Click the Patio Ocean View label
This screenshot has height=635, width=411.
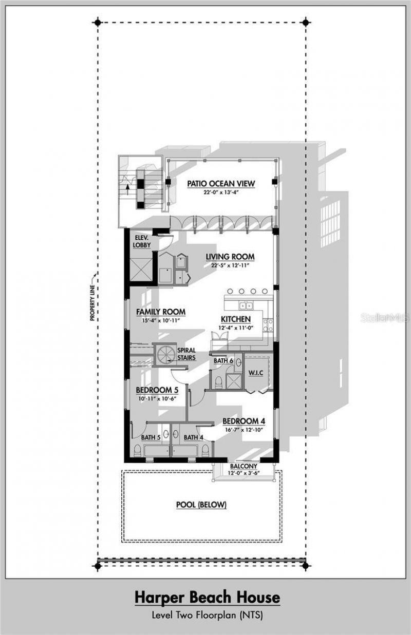[x=221, y=183]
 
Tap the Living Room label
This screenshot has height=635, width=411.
[x=230, y=257]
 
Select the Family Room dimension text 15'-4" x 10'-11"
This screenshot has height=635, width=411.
[x=160, y=320]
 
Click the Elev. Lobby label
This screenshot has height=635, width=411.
[x=142, y=242]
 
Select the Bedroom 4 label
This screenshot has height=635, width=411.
[x=244, y=421]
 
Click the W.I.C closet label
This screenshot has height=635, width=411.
[x=255, y=372]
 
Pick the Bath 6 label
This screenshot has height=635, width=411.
[x=223, y=361]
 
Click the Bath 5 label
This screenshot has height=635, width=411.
[x=151, y=437]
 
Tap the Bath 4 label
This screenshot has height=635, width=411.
[x=194, y=437]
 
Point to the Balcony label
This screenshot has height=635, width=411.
[x=244, y=466]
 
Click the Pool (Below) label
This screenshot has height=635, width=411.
[x=201, y=505]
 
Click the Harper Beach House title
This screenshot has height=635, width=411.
[x=207, y=598]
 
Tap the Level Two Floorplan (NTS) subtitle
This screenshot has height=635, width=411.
[x=207, y=614]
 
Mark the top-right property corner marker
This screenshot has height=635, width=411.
[x=306, y=22]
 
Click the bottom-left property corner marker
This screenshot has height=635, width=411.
[x=97, y=566]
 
